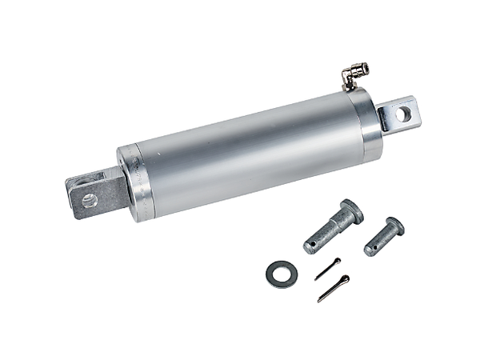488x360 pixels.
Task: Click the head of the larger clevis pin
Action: pos(350,211)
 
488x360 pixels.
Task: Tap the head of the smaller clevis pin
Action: pos(394,226)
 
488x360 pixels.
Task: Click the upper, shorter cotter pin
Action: pos(327,269)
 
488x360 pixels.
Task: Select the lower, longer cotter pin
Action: pos(333,288)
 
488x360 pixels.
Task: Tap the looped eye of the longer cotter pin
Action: pos(344,279)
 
